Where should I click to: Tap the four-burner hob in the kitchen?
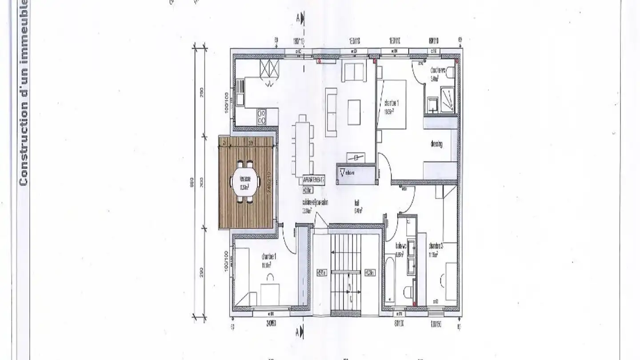pos(261,117)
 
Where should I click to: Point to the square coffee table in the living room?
pos(354,112)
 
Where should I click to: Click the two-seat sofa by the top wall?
pos(354,72)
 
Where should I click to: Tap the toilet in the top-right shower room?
pos(449,73)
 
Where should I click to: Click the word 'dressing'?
pos(436,144)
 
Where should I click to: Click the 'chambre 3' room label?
pos(436,246)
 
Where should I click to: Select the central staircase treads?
pos(346,271)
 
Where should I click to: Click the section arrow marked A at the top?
pos(302,18)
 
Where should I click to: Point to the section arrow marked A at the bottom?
pos(302,332)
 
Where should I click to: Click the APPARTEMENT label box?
pos(313,180)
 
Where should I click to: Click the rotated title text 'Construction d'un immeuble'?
pos(23,93)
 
